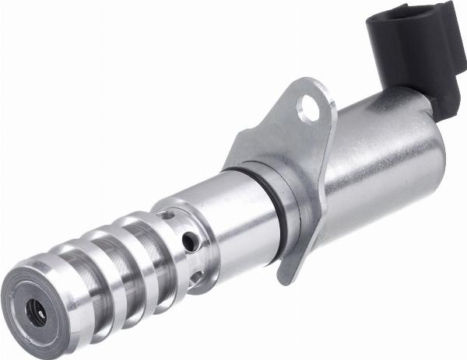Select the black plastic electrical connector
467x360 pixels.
tap(413, 54)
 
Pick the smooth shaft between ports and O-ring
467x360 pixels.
tap(233, 218)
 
